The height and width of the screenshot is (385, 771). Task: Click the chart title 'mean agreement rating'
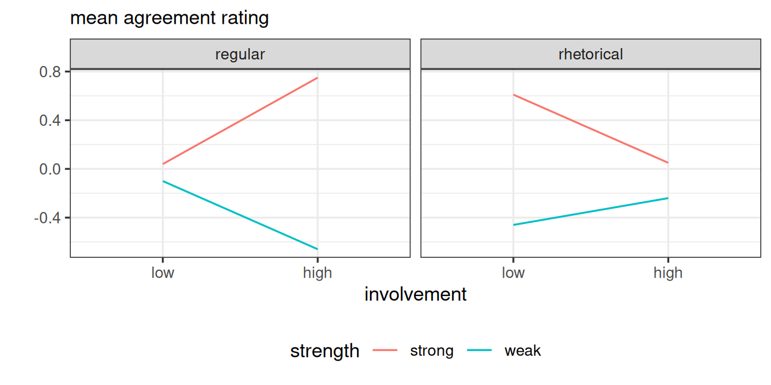[x=170, y=18]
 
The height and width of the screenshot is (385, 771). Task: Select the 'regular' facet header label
[x=240, y=54]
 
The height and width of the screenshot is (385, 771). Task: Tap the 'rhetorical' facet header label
[x=591, y=54]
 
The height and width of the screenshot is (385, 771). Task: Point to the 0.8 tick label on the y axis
[x=50, y=72]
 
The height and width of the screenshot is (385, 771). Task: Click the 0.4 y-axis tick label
[x=50, y=121]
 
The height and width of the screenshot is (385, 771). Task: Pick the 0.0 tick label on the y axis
[x=50, y=169]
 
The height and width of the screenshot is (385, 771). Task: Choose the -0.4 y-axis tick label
[x=48, y=218]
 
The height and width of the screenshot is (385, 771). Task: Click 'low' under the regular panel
[x=163, y=273]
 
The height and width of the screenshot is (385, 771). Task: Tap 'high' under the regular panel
[x=317, y=273]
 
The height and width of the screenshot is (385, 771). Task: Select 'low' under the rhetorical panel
[x=513, y=273]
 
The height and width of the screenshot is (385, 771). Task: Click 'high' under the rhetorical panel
[x=668, y=273]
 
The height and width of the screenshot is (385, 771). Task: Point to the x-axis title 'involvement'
[x=415, y=294]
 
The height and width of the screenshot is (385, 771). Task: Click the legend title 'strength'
[x=325, y=351]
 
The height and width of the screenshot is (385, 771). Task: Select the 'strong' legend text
[x=432, y=351]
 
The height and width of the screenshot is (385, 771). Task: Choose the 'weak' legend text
[x=522, y=351]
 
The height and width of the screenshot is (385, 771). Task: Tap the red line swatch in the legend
[x=385, y=351]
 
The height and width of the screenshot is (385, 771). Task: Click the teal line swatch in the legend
[x=479, y=351]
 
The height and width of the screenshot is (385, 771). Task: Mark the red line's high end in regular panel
[x=317, y=78]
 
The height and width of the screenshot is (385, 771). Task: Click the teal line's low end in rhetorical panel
[x=513, y=225]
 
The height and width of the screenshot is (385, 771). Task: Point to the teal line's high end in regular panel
[x=317, y=249]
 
